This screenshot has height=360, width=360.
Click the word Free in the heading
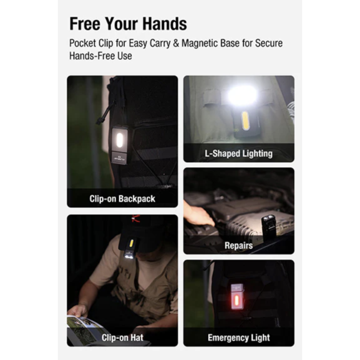click(x=85, y=23)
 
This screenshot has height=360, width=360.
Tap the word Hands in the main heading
click(x=164, y=23)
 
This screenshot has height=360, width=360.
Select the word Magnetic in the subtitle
click(x=199, y=43)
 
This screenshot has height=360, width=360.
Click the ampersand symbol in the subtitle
click(x=176, y=43)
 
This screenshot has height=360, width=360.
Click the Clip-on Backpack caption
click(x=122, y=199)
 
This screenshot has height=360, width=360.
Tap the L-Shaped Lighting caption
click(x=239, y=154)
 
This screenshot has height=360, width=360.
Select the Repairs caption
click(x=239, y=246)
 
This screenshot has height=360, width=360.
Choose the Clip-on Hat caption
click(x=122, y=338)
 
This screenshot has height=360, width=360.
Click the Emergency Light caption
click(x=239, y=338)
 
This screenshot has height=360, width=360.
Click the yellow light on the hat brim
click(x=132, y=243)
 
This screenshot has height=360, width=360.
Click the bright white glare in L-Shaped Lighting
click(x=242, y=94)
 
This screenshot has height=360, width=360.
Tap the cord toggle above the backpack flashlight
click(x=99, y=121)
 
